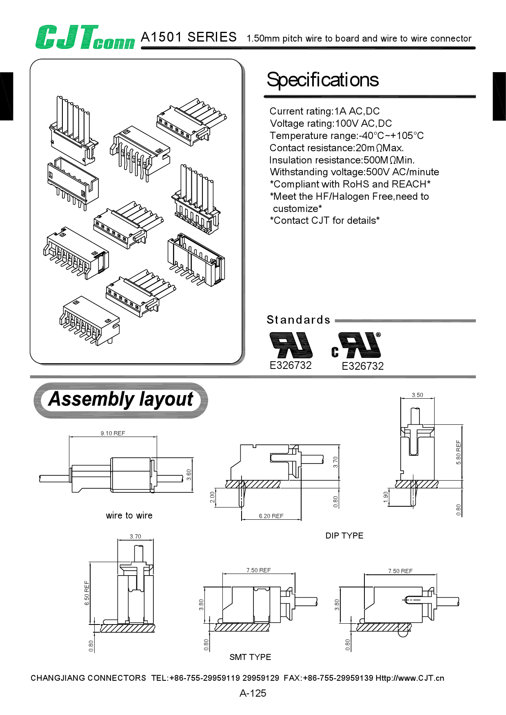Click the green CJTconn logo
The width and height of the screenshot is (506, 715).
(85, 38)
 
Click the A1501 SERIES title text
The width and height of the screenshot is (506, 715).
(189, 38)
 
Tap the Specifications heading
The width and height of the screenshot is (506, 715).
(322, 80)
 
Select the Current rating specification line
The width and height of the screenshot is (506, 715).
(324, 111)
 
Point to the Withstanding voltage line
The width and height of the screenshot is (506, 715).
(354, 172)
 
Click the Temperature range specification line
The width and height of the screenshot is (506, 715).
(346, 136)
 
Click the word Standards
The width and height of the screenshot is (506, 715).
(298, 320)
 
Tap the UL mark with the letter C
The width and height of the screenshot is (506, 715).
(356, 346)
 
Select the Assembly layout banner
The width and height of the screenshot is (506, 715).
(121, 400)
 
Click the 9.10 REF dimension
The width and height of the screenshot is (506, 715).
(113, 433)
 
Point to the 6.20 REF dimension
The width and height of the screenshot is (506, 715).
(271, 516)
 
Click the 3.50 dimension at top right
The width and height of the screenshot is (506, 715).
(417, 395)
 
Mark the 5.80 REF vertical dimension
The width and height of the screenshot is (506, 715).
(459, 452)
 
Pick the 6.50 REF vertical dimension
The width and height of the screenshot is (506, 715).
(87, 593)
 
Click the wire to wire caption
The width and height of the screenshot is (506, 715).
(129, 516)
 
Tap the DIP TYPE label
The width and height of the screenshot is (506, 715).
(344, 536)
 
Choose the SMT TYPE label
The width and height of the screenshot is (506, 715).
(250, 657)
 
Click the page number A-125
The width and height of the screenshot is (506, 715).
(253, 693)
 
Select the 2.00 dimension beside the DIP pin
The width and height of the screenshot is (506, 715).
(212, 497)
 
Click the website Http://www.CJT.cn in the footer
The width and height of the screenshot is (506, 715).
(410, 678)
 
